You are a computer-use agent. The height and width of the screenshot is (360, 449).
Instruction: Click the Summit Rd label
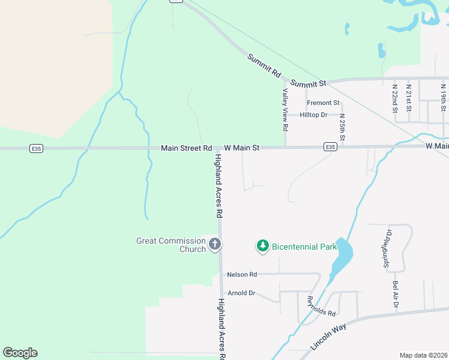(x=264, y=65)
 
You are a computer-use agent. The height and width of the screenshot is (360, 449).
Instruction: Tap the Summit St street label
(x=308, y=83)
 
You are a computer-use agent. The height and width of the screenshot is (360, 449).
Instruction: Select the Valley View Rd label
(x=286, y=110)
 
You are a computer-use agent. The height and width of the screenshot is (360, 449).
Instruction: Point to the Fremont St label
(x=323, y=103)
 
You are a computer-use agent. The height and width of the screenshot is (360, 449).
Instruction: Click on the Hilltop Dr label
(x=313, y=115)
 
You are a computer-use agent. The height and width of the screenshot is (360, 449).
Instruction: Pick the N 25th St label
(x=342, y=127)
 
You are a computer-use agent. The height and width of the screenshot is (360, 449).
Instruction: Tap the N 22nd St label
(x=395, y=98)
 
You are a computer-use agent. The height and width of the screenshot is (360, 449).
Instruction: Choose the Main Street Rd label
(x=186, y=148)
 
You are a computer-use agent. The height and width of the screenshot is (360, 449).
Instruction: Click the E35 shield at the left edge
(x=37, y=148)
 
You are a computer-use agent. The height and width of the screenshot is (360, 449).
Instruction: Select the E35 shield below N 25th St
(x=330, y=146)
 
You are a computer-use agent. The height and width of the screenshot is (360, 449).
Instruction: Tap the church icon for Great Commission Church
(x=215, y=244)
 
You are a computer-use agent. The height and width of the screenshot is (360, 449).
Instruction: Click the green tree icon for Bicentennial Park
(x=262, y=245)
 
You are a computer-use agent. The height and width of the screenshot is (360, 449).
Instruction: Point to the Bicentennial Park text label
(x=304, y=246)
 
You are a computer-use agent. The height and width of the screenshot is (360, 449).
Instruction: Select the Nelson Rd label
(x=242, y=274)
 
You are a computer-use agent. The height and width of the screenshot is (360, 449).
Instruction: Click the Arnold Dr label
(x=241, y=293)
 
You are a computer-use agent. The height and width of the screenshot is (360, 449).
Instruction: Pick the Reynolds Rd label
(x=321, y=306)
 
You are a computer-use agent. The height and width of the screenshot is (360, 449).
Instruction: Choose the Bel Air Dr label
(x=396, y=294)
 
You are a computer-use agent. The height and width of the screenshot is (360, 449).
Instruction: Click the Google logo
(x=20, y=353)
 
